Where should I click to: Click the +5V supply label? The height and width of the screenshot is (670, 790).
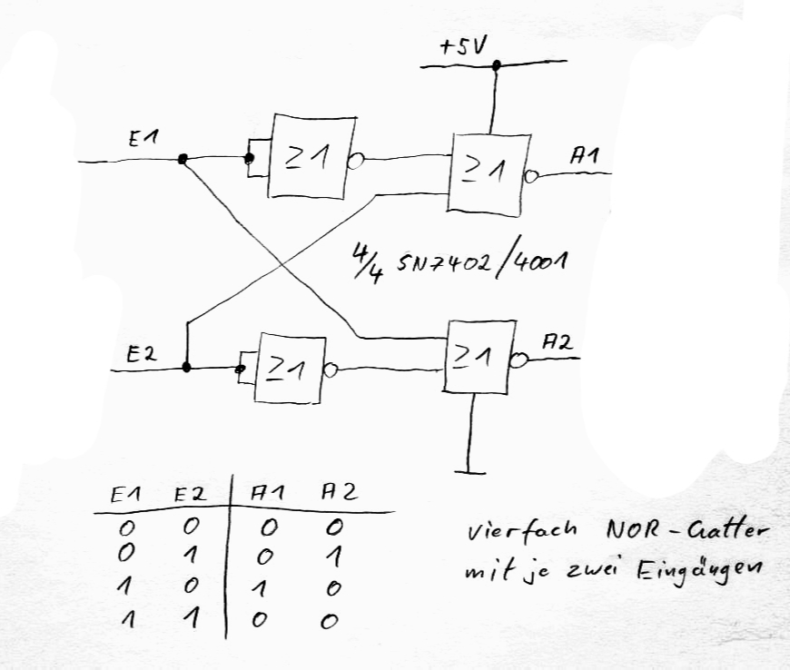(461, 47)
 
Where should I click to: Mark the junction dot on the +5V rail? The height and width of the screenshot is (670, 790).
(496, 65)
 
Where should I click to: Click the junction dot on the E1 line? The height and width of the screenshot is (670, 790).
(183, 159)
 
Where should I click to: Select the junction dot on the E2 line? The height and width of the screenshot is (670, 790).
(186, 368)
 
